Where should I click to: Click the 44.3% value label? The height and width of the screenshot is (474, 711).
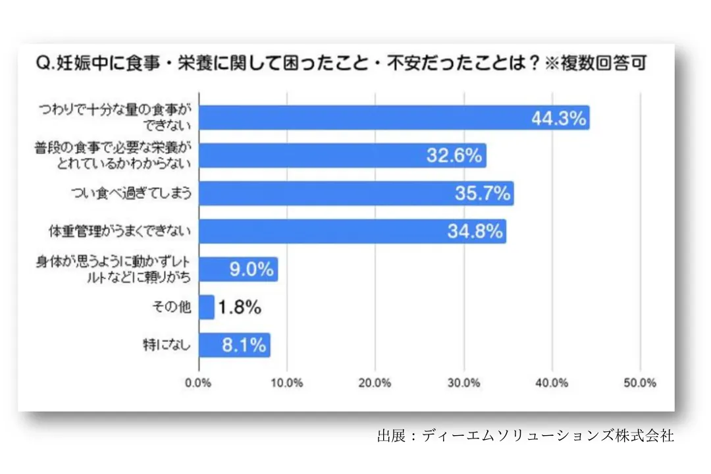click(558, 118)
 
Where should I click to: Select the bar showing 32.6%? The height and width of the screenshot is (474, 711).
click(342, 156)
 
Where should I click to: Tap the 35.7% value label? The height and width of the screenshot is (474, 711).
click(482, 194)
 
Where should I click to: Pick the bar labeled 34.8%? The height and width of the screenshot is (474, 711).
click(352, 231)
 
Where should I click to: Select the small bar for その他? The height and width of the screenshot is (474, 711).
click(207, 307)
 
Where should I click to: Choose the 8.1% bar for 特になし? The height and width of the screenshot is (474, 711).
click(234, 345)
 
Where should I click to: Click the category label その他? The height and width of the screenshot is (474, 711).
click(176, 307)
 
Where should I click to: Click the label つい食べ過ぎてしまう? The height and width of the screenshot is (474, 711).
click(131, 194)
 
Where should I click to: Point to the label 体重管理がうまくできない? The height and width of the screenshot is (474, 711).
click(120, 231)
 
